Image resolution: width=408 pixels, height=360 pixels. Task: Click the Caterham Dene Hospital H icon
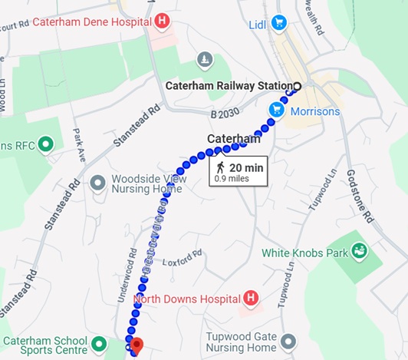click(x=161, y=21)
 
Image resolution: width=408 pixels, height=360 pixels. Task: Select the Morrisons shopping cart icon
click(x=276, y=111)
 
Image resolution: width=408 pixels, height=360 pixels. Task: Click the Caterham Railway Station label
click(x=229, y=86)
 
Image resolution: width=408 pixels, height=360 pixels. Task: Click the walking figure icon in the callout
click(x=220, y=167)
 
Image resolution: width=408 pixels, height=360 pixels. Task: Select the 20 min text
click(x=246, y=167)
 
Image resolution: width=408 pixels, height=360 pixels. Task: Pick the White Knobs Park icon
click(x=358, y=251)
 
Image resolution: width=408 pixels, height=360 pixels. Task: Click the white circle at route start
click(x=297, y=86)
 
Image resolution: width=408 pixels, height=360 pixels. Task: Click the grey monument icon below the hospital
click(x=204, y=59)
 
